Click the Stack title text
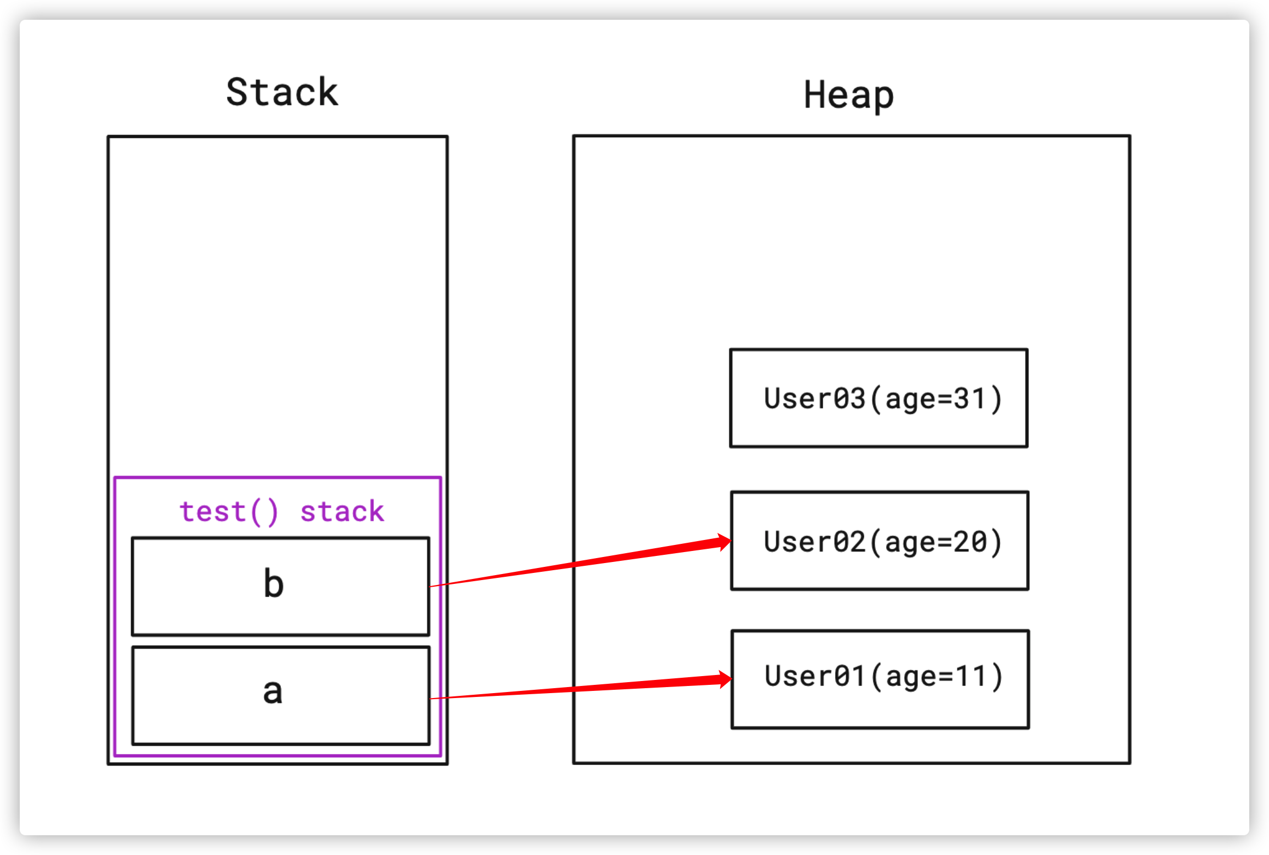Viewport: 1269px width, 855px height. pyautogui.click(x=282, y=92)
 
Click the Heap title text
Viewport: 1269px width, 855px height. pyautogui.click(x=848, y=95)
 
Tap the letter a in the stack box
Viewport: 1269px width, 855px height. pyautogui.click(x=273, y=691)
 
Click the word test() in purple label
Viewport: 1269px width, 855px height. pyautogui.click(x=229, y=512)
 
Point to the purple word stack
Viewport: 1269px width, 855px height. pyautogui.click(x=342, y=512)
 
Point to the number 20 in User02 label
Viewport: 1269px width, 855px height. pyautogui.click(x=970, y=542)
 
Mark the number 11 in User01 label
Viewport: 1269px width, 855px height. pyautogui.click(x=971, y=676)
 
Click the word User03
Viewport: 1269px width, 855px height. pyautogui.click(x=814, y=398)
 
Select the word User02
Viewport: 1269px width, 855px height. pyautogui.click(x=814, y=542)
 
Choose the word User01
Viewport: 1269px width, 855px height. pyautogui.click(x=815, y=676)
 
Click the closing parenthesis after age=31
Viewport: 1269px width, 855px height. pyautogui.click(x=996, y=400)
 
